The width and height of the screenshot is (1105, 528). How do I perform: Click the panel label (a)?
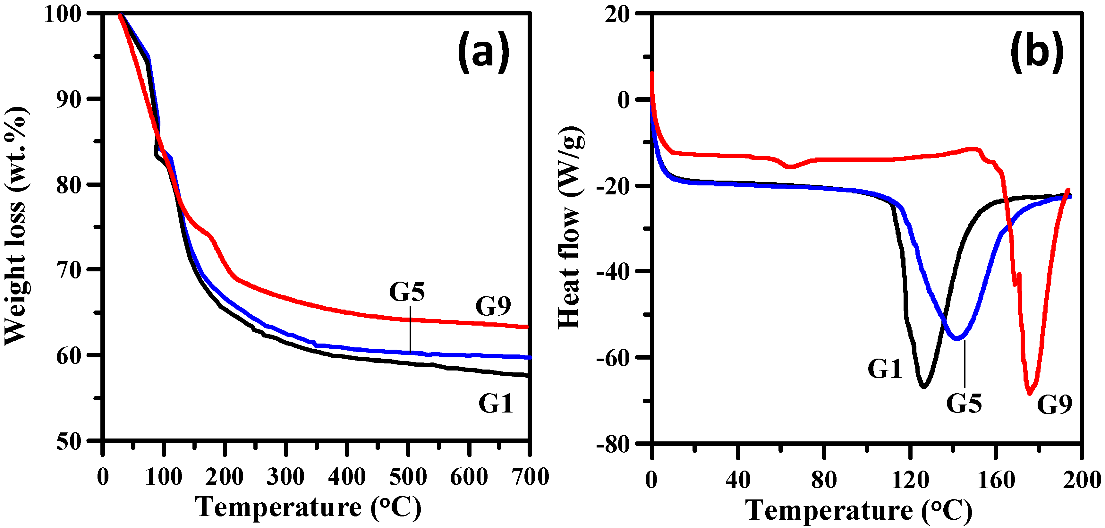click(483, 53)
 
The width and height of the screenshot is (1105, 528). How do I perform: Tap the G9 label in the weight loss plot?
click(493, 306)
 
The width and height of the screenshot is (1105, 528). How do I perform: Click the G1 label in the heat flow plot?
click(885, 369)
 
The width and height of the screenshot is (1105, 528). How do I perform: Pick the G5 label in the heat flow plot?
click(964, 403)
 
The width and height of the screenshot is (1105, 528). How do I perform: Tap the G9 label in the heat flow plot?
click(1054, 404)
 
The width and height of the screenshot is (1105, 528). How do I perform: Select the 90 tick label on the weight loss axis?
click(69, 99)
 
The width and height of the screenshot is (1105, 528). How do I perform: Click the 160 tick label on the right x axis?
click(996, 480)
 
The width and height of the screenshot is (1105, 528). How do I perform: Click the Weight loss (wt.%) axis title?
click(16, 226)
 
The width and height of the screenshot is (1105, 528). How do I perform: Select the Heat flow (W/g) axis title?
click(570, 227)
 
